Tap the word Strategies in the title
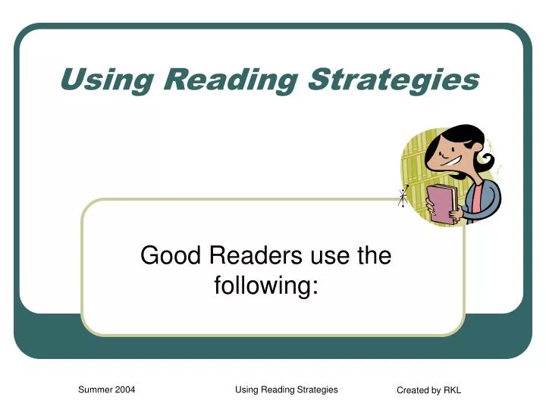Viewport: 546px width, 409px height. point(394,79)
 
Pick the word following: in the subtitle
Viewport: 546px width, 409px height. point(265,287)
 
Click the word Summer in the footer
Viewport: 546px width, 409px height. point(97,390)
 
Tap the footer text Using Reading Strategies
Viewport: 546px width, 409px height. point(287,390)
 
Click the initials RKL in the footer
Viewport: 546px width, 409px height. point(452,391)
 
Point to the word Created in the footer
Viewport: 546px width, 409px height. point(414,391)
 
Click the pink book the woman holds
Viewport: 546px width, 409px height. point(441,203)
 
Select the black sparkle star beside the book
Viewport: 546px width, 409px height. point(401,198)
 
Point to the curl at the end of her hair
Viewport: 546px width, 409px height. point(486,161)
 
